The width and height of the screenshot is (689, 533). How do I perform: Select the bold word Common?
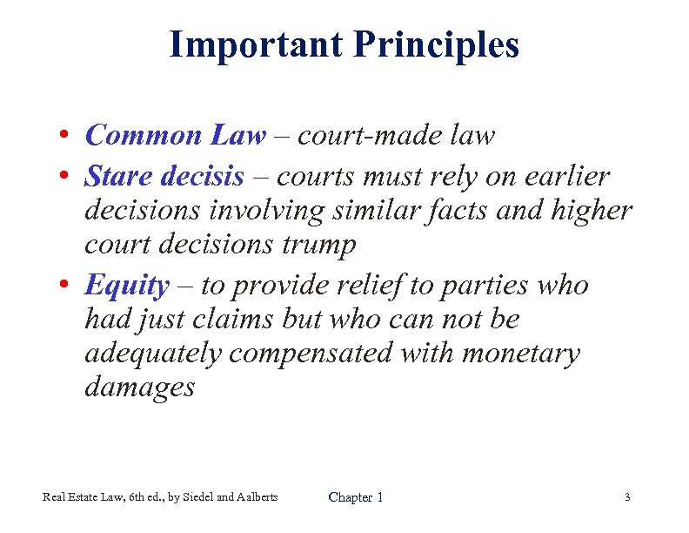coord(144,135)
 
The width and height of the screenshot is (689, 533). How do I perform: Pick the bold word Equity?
coord(126,286)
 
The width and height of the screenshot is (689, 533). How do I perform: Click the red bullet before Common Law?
coord(65,137)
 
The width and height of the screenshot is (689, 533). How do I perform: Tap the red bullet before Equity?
coord(65,287)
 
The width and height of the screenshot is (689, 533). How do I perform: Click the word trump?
coord(320,245)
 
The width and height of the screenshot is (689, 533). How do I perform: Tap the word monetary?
coord(520,354)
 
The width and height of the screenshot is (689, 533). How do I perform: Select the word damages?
coord(139,388)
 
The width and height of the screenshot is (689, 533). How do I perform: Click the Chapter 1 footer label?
coord(355,497)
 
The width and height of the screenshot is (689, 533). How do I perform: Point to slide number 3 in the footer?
coord(626,497)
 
